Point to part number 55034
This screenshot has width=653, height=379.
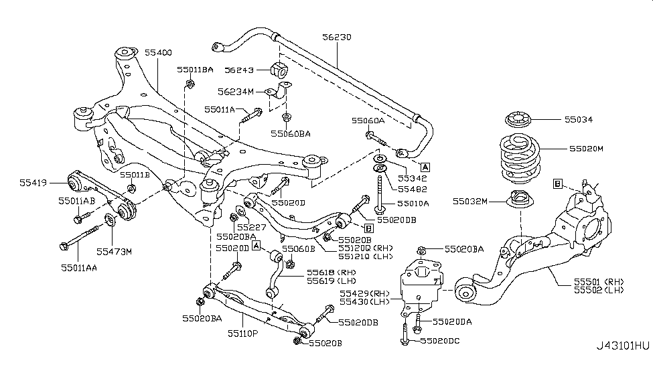pyautogui.click(x=579, y=120)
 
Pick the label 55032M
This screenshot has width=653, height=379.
pyautogui.click(x=471, y=200)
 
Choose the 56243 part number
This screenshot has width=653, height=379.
pyautogui.click(x=239, y=68)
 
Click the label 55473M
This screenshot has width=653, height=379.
pyautogui.click(x=114, y=252)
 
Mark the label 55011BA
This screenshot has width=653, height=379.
pyautogui.click(x=196, y=69)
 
